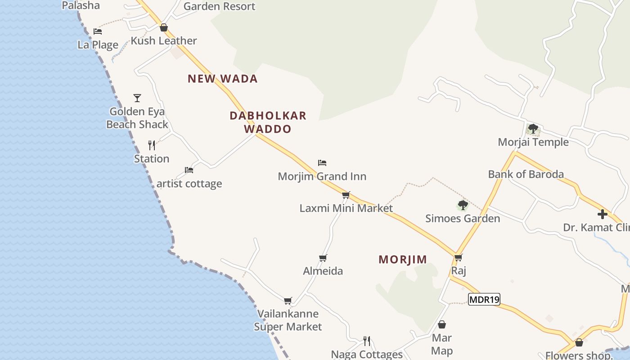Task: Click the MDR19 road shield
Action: (484, 299)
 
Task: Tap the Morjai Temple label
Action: (533, 142)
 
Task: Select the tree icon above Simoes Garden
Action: (463, 206)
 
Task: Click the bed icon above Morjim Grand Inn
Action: (322, 163)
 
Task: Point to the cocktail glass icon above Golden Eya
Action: (137, 98)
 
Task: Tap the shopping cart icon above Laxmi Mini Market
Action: (346, 195)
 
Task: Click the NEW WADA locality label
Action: (223, 79)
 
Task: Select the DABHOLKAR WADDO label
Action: (268, 122)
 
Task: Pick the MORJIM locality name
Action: (403, 260)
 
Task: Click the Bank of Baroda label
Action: (526, 174)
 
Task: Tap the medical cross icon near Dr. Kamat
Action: (603, 214)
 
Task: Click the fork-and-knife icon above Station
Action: (152, 145)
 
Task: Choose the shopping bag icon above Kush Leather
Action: (164, 27)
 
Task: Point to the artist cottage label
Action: (189, 184)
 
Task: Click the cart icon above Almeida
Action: (323, 258)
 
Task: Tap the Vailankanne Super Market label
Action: (288, 320)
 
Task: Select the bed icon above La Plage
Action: (98, 31)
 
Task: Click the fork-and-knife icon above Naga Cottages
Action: (367, 341)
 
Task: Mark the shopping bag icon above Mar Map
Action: (442, 324)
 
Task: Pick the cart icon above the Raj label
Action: (458, 258)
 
